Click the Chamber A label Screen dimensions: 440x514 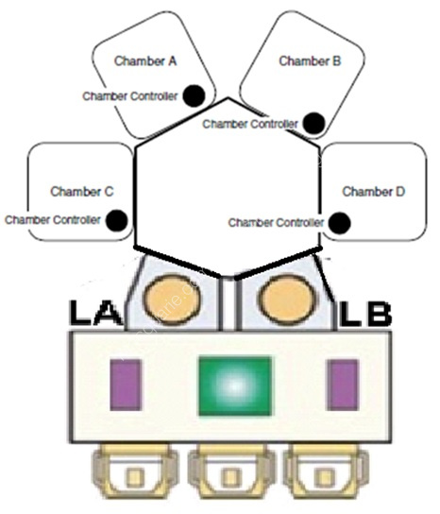click(145, 61)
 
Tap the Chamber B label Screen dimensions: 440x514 click(310, 61)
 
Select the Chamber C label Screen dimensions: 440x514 click(82, 192)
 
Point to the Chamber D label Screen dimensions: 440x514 click(374, 192)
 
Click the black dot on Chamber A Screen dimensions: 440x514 click(194, 95)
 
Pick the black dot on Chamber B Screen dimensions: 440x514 click(313, 124)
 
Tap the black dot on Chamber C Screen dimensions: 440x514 click(117, 220)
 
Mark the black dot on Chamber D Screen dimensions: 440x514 click(339, 223)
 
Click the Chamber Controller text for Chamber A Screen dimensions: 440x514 click(130, 96)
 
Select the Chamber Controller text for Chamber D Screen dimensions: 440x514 click(277, 223)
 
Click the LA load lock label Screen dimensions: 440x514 click(95, 313)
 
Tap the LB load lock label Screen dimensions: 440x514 click(365, 314)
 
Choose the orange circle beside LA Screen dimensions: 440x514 click(173, 300)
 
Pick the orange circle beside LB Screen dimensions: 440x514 click(288, 300)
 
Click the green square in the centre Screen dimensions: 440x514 click(235, 386)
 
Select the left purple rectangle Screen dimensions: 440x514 click(126, 385)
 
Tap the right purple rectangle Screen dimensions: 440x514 click(343, 385)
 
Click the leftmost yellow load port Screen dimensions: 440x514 click(135, 471)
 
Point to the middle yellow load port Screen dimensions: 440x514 click(231, 471)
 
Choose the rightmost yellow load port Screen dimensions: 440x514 click(326, 471)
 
